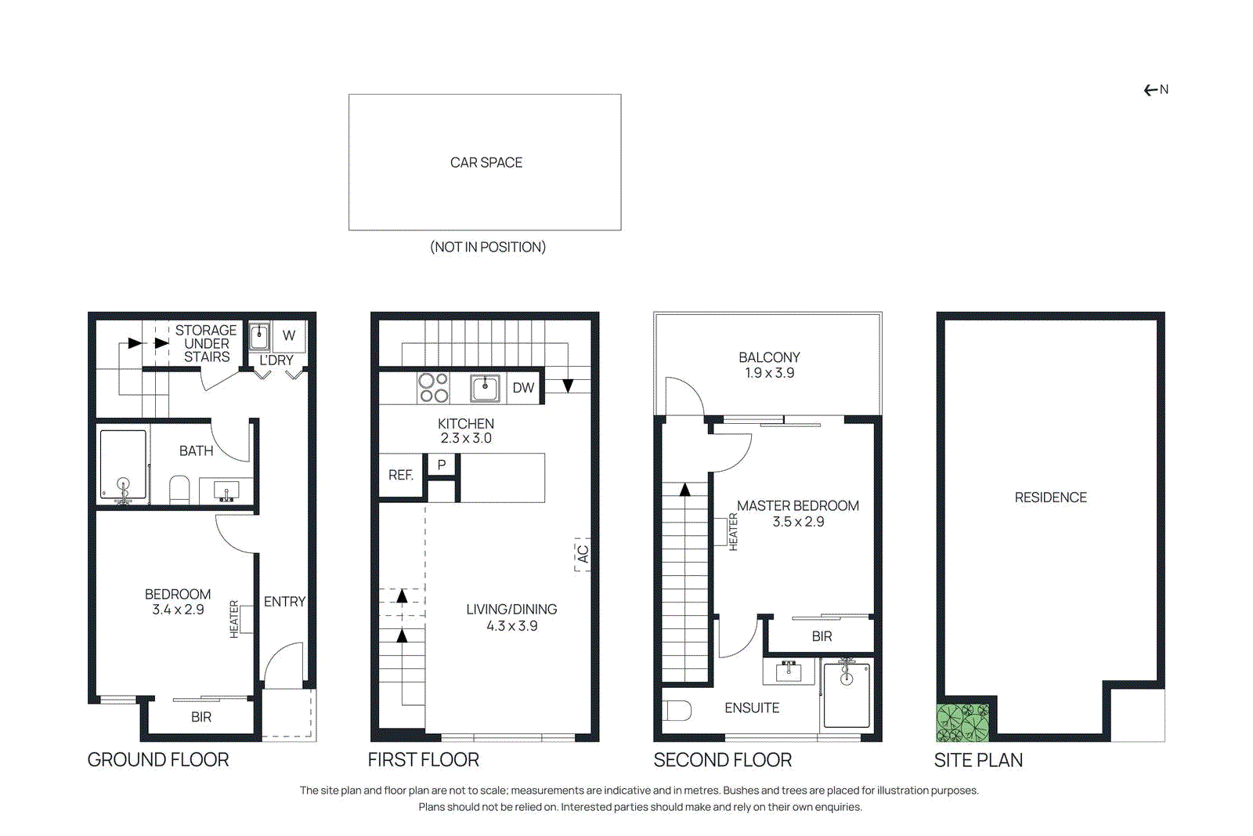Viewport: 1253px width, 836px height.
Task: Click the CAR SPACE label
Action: click(486, 163)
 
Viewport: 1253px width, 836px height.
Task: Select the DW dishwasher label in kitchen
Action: click(523, 388)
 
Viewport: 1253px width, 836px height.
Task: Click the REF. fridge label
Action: click(401, 475)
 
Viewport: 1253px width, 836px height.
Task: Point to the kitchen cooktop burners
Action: click(433, 388)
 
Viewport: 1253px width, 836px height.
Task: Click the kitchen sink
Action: click(485, 388)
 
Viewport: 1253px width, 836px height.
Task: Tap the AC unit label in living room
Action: click(583, 554)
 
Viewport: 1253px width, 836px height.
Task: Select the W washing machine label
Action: click(289, 335)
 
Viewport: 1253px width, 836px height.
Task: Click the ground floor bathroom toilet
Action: click(180, 489)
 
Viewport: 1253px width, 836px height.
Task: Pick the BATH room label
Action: click(196, 451)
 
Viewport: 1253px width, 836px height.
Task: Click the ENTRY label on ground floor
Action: click(284, 602)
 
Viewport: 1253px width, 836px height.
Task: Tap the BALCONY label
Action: click(769, 357)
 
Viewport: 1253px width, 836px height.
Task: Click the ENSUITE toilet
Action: click(677, 710)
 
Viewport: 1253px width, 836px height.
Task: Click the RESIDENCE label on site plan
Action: click(1050, 498)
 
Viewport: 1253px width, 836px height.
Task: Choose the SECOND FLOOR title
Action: click(722, 760)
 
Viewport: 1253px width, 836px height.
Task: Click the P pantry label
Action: click(442, 465)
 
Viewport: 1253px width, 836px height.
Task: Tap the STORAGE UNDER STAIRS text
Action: click(206, 343)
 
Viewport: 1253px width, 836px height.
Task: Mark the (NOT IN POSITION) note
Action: click(487, 247)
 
